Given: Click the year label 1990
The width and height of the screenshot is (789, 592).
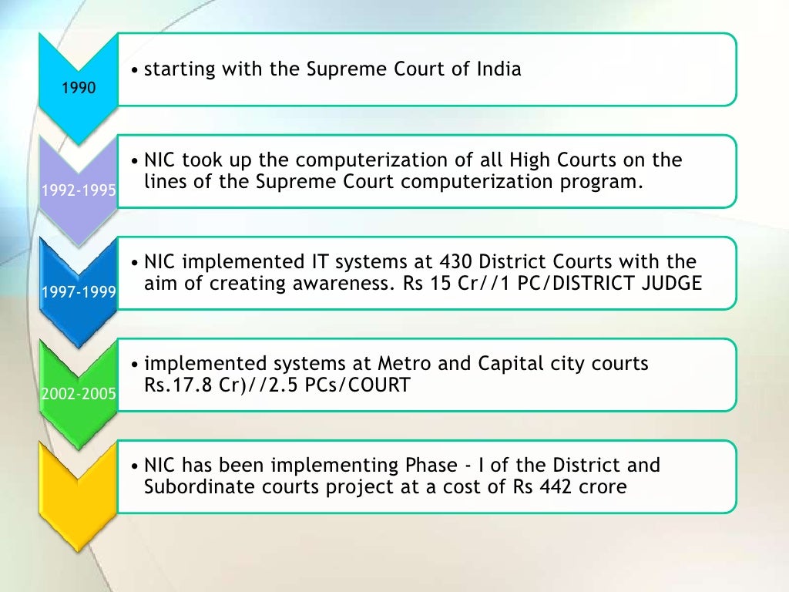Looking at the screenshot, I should tap(79, 88).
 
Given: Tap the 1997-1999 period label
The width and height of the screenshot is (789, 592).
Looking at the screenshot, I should tap(79, 292).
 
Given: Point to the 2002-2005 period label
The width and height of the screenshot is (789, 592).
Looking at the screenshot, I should tap(79, 394).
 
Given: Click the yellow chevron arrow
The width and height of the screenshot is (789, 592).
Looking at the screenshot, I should tap(79, 493).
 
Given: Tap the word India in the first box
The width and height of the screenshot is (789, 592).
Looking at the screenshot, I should tap(497, 69).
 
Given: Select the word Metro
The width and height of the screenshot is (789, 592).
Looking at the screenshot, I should tap(403, 363).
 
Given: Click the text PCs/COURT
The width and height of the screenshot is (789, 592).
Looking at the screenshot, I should tap(365, 384).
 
